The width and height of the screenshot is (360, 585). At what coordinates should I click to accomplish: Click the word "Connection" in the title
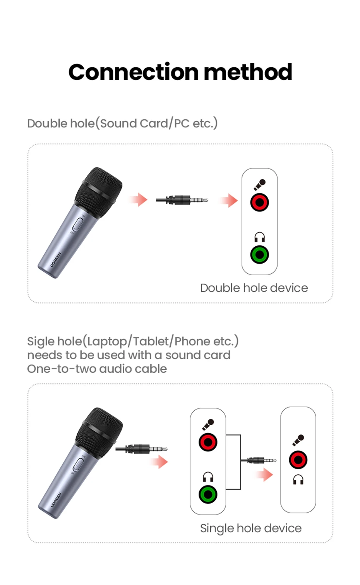click(134, 72)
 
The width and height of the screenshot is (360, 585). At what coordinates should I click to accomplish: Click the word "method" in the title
click(248, 72)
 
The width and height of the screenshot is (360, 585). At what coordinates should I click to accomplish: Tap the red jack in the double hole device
click(259, 202)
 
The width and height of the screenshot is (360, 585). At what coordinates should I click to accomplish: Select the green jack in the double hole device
click(259, 255)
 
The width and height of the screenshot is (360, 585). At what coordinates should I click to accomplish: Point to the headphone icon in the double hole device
click(259, 237)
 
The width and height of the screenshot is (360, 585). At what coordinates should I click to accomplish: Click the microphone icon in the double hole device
click(259, 184)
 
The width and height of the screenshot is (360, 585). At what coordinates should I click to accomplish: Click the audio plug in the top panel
click(182, 200)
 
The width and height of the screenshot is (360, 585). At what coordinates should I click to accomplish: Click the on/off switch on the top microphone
click(78, 225)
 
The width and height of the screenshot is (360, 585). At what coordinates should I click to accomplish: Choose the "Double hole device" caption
click(254, 288)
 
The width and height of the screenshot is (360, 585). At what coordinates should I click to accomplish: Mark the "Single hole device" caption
click(250, 528)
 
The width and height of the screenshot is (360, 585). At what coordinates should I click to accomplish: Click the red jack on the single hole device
click(298, 460)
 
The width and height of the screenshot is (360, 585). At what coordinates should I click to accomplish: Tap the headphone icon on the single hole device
click(298, 480)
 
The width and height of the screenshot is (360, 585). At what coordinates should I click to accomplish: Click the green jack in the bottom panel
click(208, 494)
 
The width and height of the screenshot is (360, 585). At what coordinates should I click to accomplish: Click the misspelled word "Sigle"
click(41, 341)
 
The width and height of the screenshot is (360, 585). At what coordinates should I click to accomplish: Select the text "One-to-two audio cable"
click(97, 369)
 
